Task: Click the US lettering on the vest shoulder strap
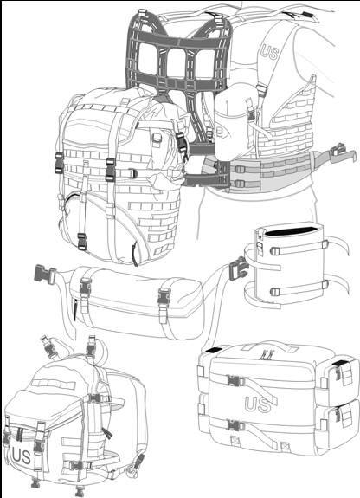pos(269,53)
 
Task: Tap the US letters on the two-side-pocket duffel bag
pos(258,404)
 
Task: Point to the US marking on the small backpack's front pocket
pos(21,456)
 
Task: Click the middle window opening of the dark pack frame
pos(177,63)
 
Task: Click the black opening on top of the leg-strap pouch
pos(290,231)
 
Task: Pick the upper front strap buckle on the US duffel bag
pos(235,380)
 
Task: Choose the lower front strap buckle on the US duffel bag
pos(235,425)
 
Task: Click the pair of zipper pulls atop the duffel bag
pos(266,355)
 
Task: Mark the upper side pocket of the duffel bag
pos(338,378)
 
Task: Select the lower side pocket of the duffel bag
pos(338,424)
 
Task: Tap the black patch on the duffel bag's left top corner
pos(214,350)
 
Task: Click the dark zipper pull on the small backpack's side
pos(107,433)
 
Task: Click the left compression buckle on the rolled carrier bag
pos(86,286)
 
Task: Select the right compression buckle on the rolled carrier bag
pos(164,297)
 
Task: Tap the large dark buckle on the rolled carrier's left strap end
pos(44,273)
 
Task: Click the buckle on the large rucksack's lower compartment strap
pos(82,241)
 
